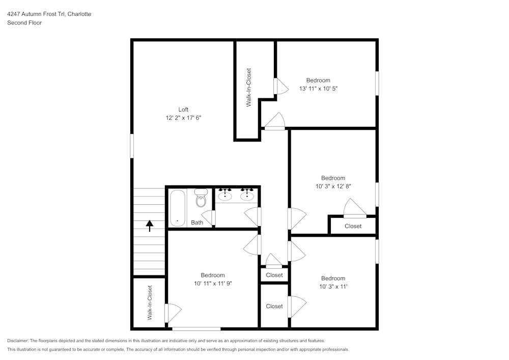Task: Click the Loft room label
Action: (x=183, y=109)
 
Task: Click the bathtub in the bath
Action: (x=177, y=208)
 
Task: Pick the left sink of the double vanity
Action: (x=225, y=195)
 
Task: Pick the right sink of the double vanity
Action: (x=247, y=195)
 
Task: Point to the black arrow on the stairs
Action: (x=150, y=225)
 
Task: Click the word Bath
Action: (x=197, y=223)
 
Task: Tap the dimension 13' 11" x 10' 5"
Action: (x=318, y=88)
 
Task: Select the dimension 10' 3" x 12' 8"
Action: (x=333, y=186)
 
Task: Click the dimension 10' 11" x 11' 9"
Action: (x=212, y=284)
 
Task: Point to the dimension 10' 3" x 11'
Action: (x=333, y=286)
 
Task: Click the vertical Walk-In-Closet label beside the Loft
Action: (x=249, y=88)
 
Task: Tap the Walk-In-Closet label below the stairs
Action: (x=150, y=302)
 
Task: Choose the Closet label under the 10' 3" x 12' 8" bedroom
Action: (x=353, y=226)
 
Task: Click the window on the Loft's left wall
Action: (x=132, y=146)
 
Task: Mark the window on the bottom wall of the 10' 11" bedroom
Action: (x=196, y=329)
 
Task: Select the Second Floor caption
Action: (x=24, y=23)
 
